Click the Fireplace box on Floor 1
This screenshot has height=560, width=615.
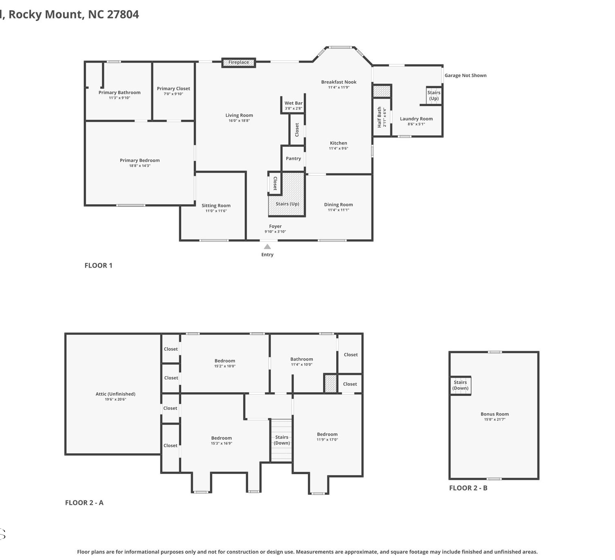pos(239,63)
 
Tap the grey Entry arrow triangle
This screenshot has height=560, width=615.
pos(267,247)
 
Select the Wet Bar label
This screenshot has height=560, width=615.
pos(294,103)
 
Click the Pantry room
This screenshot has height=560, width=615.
pos(293,159)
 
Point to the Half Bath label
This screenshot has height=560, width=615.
pos(380,117)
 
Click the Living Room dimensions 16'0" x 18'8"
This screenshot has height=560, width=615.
pos(239,121)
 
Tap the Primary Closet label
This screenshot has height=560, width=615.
pos(173,88)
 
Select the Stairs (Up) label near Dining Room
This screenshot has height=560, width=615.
pos(287,204)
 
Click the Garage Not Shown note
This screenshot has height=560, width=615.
pos(465,75)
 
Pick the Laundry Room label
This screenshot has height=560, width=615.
pos(416,119)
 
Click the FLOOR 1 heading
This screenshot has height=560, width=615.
pos(98,265)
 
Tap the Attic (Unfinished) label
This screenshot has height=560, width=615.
pos(115,394)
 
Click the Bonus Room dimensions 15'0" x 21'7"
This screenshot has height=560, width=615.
pos(494,419)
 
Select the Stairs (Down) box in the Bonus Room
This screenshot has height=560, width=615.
pos(460,385)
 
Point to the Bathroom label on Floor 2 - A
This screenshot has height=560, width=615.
pos(302,359)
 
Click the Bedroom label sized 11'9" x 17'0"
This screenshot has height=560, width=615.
pos(327,434)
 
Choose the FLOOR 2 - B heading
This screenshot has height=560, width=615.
pos(468,488)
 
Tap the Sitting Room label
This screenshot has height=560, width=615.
pos(216,206)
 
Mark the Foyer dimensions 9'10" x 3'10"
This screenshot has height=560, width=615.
pos(275,232)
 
